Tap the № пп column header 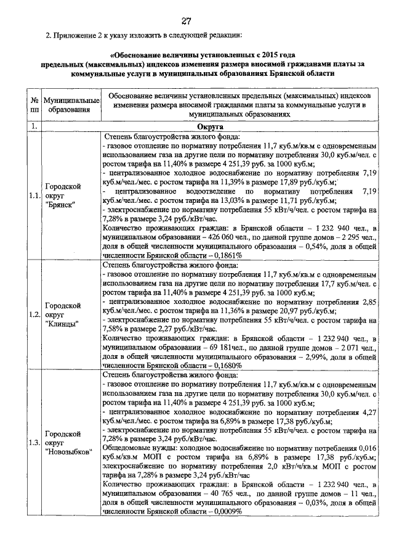coord(34,105)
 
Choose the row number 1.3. coord(34,442)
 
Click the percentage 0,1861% coord(225,255)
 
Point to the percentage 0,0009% coord(225,511)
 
